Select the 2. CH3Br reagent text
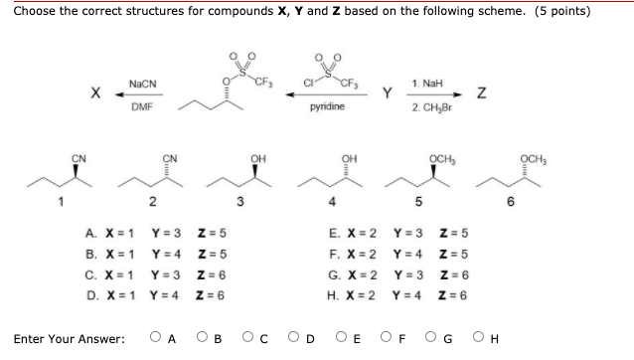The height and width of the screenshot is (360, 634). pos(428,104)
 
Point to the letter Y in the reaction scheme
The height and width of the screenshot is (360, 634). pos(388,93)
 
